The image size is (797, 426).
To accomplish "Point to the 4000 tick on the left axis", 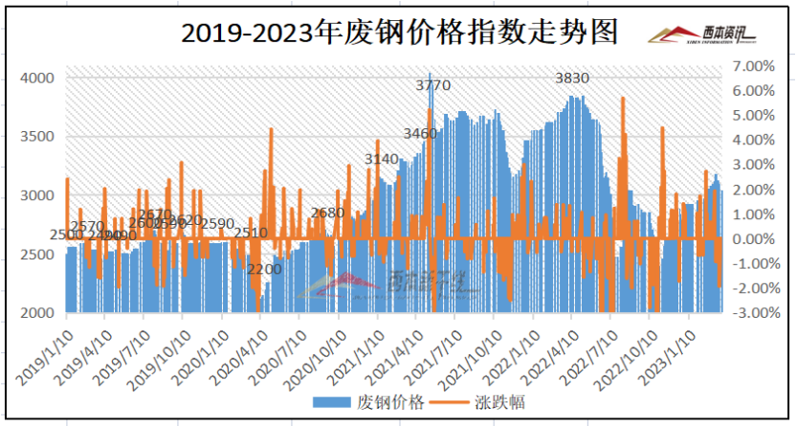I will click(39, 78).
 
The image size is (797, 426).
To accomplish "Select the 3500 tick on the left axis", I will click(39, 137).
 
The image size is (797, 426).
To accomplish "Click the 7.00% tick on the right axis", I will click(751, 66).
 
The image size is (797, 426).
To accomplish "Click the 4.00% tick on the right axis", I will click(751, 140).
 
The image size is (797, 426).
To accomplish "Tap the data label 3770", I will click(432, 86).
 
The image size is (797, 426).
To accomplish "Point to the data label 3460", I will click(420, 133).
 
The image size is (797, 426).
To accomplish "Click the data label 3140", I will click(382, 159).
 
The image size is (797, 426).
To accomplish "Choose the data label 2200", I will click(264, 269).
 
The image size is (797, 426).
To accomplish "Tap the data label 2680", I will click(327, 213).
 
